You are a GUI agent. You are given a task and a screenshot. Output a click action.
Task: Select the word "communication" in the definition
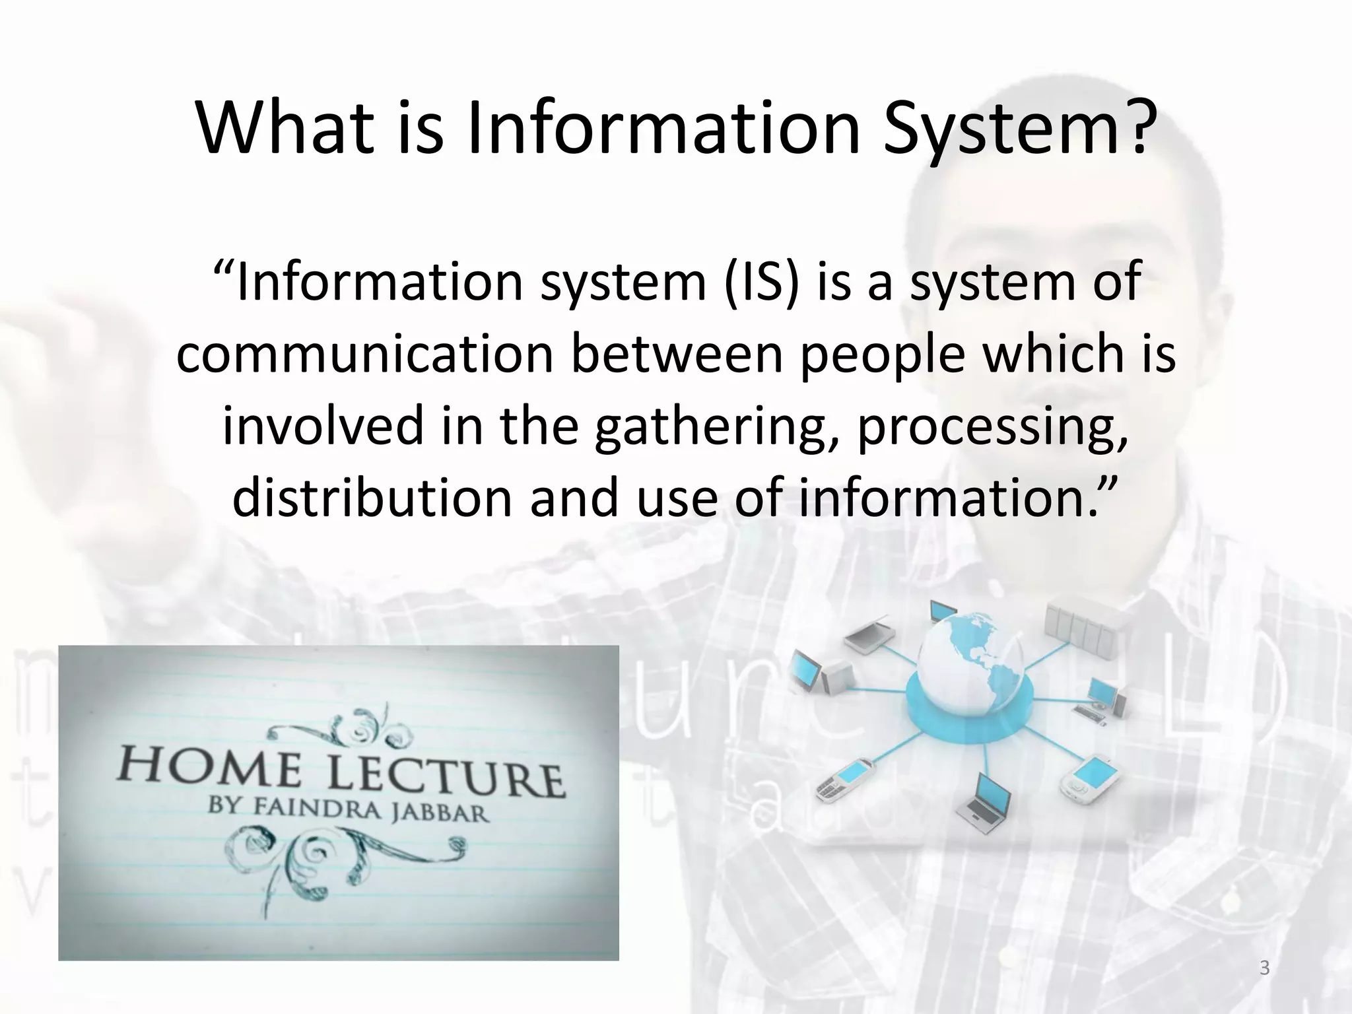[364, 355]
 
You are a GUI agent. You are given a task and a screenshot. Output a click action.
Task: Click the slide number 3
[1264, 968]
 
